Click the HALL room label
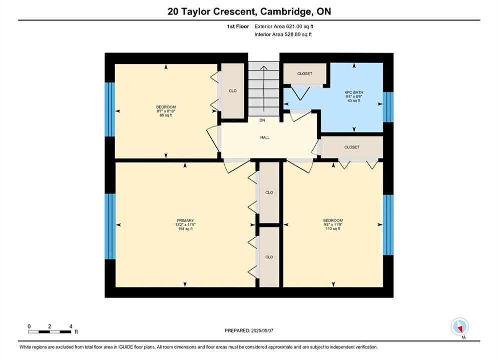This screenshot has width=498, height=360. click(265, 137)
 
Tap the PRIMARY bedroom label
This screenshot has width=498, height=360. click(185, 221)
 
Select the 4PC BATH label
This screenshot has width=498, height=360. click(354, 92)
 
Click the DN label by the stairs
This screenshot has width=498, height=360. click(262, 120)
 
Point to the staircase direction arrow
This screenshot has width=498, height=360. click(264, 88)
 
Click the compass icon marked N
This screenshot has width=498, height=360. click(459, 326)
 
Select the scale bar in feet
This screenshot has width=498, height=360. click(50, 332)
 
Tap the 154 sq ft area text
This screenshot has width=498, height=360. click(185, 229)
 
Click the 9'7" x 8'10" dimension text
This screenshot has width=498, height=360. click(166, 111)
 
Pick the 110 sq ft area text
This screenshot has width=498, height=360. click(333, 228)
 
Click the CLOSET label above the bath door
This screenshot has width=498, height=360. click(305, 73)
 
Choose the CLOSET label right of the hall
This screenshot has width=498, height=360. click(351, 147)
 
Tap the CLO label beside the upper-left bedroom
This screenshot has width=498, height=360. click(233, 91)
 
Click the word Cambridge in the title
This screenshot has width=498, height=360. click(285, 11)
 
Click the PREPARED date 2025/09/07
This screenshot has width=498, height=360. click(262, 330)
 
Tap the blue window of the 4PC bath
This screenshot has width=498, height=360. click(388, 107)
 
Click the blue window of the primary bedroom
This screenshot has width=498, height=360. click(110, 226)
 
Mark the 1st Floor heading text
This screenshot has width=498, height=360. click(238, 26)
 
